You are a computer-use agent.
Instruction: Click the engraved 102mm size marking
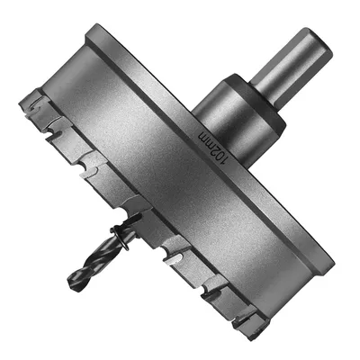(212, 148)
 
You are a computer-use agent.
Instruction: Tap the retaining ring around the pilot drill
(120, 238)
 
